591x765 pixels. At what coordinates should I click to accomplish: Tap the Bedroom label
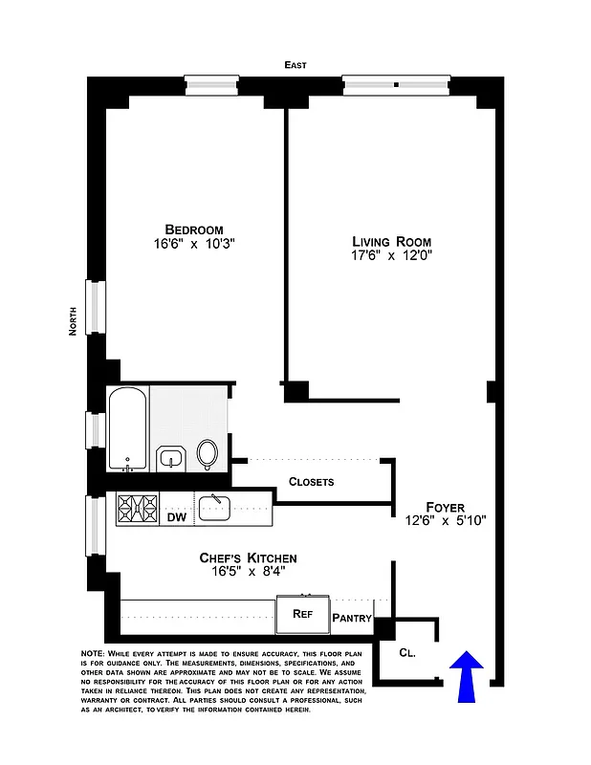[x=194, y=229]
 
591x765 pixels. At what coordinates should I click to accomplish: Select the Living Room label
[x=391, y=242]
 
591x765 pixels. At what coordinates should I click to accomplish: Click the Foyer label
[x=446, y=507]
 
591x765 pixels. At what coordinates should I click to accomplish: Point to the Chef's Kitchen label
[x=248, y=557]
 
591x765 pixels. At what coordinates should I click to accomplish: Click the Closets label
[x=311, y=482]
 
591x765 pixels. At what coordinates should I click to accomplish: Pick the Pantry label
[x=351, y=618]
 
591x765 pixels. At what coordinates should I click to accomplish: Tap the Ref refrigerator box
[x=302, y=614]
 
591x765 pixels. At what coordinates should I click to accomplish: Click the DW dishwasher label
[x=176, y=517]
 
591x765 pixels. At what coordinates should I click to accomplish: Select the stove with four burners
[x=137, y=509]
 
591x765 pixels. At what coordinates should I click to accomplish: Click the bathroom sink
[x=171, y=458]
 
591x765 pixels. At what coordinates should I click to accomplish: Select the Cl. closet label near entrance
[x=407, y=653]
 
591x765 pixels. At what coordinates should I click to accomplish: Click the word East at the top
[x=295, y=65]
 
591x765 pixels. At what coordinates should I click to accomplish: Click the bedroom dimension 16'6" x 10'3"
[x=194, y=245]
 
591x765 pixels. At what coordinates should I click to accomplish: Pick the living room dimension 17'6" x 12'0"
[x=391, y=256]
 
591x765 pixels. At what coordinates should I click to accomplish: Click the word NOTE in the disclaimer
[x=96, y=652]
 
